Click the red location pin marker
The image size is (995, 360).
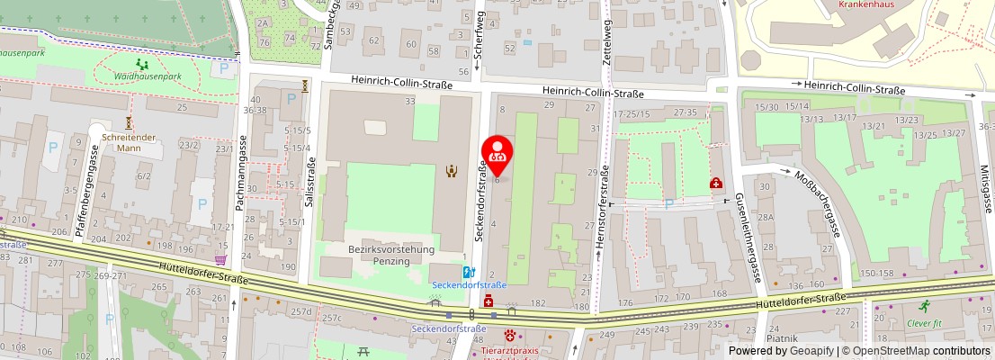point(498,154)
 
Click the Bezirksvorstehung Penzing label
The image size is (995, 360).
point(391,255)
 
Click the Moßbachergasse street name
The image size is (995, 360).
point(819,202)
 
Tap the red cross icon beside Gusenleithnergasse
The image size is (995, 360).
point(715,183)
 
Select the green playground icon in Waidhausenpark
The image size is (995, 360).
point(142,64)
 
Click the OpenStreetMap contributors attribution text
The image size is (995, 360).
point(917,351)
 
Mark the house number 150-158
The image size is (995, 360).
point(878,274)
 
